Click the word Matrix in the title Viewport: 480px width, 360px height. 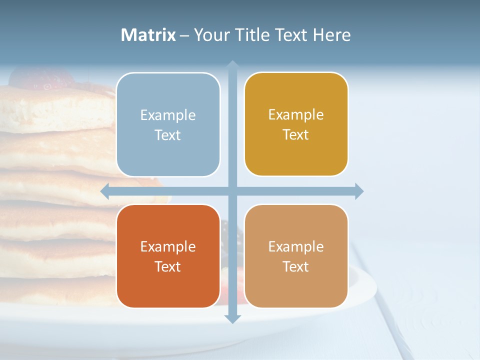pos(148,35)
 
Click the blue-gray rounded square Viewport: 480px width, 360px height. pos(168,124)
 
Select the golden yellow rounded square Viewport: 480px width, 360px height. pos(296,124)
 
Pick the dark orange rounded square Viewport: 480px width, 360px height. pos(168,256)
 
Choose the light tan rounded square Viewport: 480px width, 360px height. pos(296,256)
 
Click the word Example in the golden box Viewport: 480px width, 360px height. pos(296,115)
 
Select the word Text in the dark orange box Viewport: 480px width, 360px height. pos(168,266)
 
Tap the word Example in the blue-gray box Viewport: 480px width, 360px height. pos(168,115)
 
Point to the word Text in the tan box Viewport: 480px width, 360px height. pos(296,266)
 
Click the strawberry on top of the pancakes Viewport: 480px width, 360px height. pos(42,77)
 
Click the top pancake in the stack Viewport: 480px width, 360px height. pos(55,107)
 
